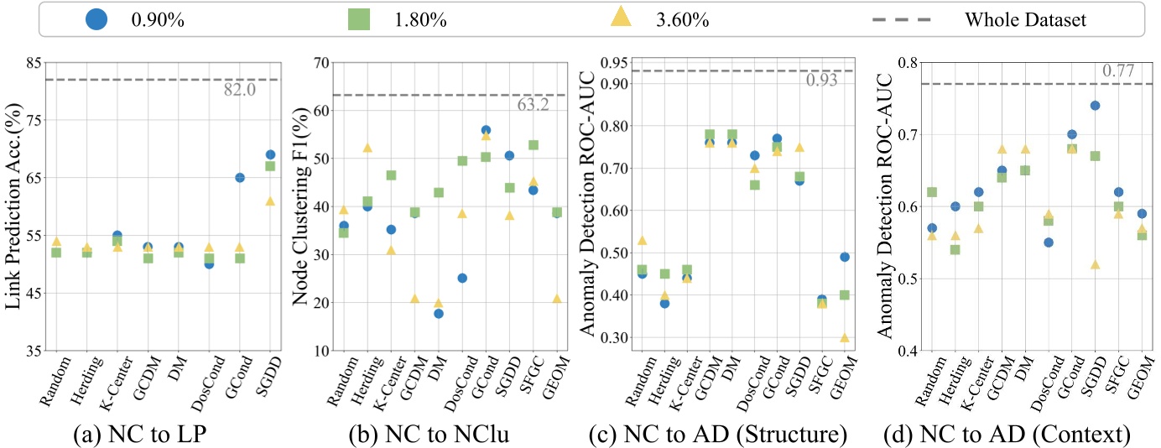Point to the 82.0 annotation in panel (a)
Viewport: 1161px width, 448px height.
(x=240, y=90)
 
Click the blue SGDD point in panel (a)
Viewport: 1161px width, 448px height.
(x=271, y=154)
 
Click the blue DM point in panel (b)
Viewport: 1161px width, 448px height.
(x=438, y=314)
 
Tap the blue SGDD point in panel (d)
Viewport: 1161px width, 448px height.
(x=1095, y=106)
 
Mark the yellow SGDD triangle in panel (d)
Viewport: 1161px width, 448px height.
(x=1095, y=264)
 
